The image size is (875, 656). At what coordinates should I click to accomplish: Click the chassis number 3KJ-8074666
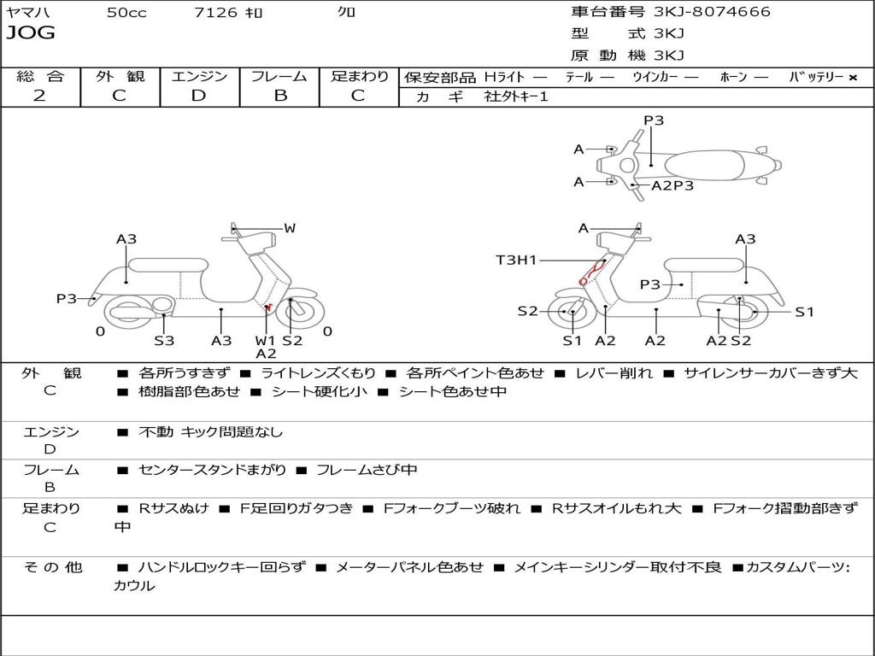click(x=712, y=12)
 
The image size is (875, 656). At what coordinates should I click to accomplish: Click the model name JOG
click(x=31, y=33)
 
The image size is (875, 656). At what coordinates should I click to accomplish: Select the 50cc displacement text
click(x=126, y=13)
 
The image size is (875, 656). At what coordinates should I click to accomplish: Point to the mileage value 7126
click(x=216, y=13)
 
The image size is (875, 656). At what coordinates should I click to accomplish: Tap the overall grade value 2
click(x=39, y=96)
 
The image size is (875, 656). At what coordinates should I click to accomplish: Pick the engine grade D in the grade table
click(x=198, y=96)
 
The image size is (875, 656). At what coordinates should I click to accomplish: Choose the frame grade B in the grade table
click(x=279, y=96)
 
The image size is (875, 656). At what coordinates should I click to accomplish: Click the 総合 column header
click(x=39, y=77)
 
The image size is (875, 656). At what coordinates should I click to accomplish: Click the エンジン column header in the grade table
click(x=199, y=77)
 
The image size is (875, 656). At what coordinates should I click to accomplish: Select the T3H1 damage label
click(x=516, y=261)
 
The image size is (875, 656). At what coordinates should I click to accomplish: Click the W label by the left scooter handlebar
click(x=290, y=228)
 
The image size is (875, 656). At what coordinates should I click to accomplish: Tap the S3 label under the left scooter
click(x=164, y=341)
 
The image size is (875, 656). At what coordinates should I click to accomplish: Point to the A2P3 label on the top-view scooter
click(x=672, y=185)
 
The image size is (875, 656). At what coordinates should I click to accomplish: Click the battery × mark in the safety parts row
click(x=852, y=78)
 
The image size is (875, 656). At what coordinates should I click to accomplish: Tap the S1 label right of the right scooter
click(x=804, y=313)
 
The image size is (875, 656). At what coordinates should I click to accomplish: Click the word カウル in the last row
click(x=135, y=586)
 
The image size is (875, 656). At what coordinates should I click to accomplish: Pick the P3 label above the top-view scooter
click(x=654, y=120)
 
